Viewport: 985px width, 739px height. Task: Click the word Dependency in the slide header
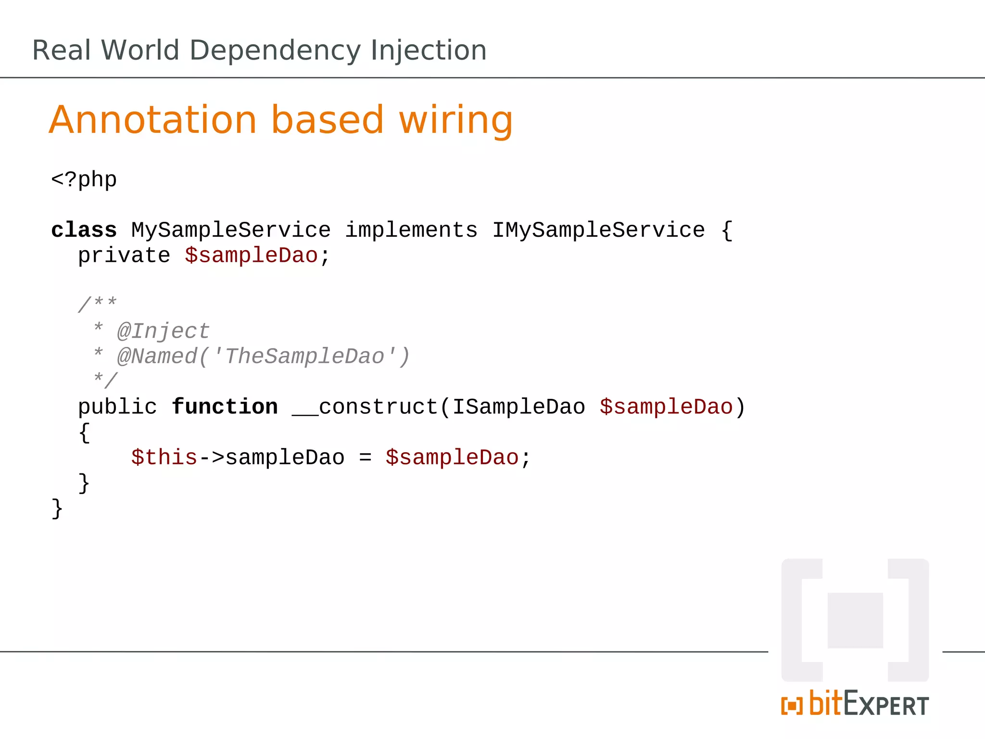click(x=275, y=51)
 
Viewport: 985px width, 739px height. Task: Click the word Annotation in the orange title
click(x=153, y=120)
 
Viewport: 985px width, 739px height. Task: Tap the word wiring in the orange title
click(x=455, y=120)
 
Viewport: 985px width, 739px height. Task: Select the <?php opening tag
click(x=84, y=180)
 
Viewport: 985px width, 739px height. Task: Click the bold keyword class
click(x=84, y=230)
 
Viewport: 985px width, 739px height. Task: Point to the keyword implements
click(x=411, y=230)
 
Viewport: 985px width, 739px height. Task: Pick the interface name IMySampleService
click(x=598, y=230)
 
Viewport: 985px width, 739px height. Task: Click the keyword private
click(x=124, y=256)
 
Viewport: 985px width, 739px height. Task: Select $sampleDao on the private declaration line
click(x=251, y=256)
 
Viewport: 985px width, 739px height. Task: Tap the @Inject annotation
click(x=164, y=331)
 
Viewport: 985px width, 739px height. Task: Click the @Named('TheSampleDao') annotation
click(x=264, y=357)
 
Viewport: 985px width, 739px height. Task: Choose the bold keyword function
click(x=225, y=407)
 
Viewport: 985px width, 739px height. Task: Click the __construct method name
click(x=365, y=407)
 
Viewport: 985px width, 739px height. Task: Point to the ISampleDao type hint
click(x=518, y=407)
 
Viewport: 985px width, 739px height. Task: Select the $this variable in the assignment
click(x=164, y=458)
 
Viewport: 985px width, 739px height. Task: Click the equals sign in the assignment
click(x=365, y=458)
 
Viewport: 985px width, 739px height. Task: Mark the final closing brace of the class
click(x=57, y=509)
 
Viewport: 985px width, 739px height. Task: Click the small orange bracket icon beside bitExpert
click(x=792, y=706)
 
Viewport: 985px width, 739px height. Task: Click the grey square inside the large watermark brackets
click(x=855, y=620)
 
